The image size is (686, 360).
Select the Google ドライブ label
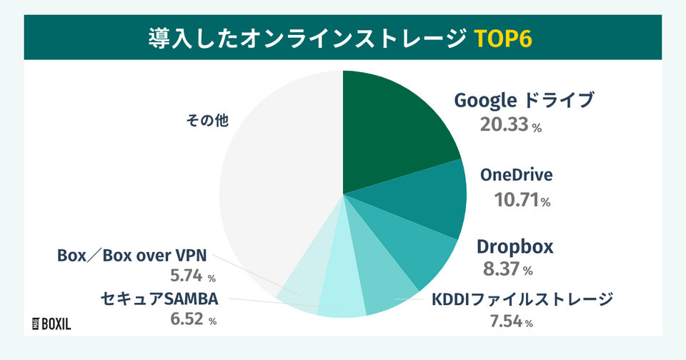[x=524, y=101]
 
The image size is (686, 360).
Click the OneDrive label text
[x=517, y=175]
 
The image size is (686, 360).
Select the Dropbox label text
[x=515, y=246]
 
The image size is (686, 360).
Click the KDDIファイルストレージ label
[x=522, y=299]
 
